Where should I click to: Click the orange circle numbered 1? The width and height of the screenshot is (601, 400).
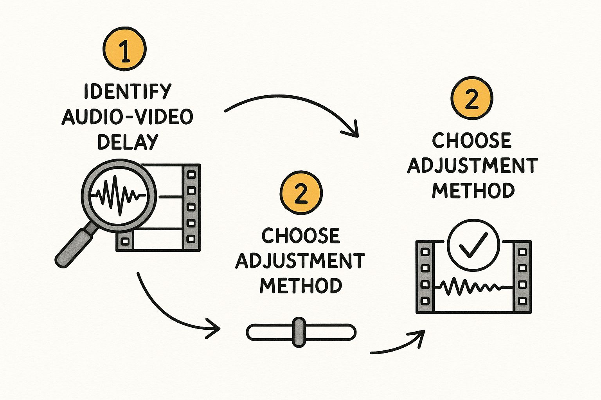124,49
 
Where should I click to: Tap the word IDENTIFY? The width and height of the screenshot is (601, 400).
128,91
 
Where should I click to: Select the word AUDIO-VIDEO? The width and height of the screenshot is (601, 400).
128,117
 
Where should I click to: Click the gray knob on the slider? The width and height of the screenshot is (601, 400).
299,332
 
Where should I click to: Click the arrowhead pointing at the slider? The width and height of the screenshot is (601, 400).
213,328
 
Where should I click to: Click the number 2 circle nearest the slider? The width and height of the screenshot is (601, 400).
301,193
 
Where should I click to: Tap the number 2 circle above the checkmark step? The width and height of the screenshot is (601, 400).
472,98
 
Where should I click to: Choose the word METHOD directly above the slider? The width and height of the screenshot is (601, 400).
301,286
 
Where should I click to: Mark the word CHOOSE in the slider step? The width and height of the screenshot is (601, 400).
301,236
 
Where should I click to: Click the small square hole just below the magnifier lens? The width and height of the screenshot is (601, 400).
124,241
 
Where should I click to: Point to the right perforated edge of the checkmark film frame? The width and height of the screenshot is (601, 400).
522,277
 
